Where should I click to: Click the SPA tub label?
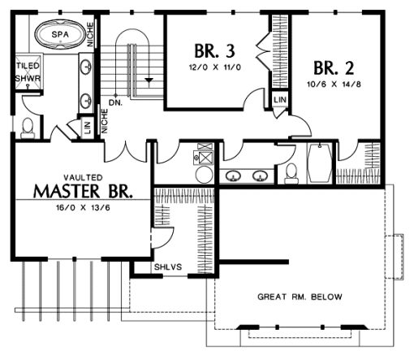coord(60,34)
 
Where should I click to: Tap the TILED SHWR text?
coord(28,72)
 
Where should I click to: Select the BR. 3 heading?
coord(214,51)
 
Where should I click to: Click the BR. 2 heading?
coord(334,67)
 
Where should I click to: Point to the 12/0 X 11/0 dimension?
coord(215,67)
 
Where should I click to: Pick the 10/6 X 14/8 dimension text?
coord(334,84)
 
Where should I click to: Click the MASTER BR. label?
coord(83,191)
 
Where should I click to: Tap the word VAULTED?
coord(83,177)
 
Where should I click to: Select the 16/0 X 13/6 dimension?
coord(83,208)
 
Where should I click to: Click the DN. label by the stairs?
coord(116,102)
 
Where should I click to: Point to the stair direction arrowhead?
coord(149,80)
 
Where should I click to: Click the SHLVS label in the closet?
coord(168,267)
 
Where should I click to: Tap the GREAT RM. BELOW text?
coord(300,297)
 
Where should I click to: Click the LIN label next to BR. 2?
coord(280,100)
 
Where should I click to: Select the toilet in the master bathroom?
coord(28,128)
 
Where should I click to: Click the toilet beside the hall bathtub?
coord(291,173)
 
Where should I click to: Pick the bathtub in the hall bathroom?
coord(320,163)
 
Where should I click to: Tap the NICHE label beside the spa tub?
coord(90,34)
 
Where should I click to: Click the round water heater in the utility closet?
coord(204,175)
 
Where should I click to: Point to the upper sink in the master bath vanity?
coord(86,66)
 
